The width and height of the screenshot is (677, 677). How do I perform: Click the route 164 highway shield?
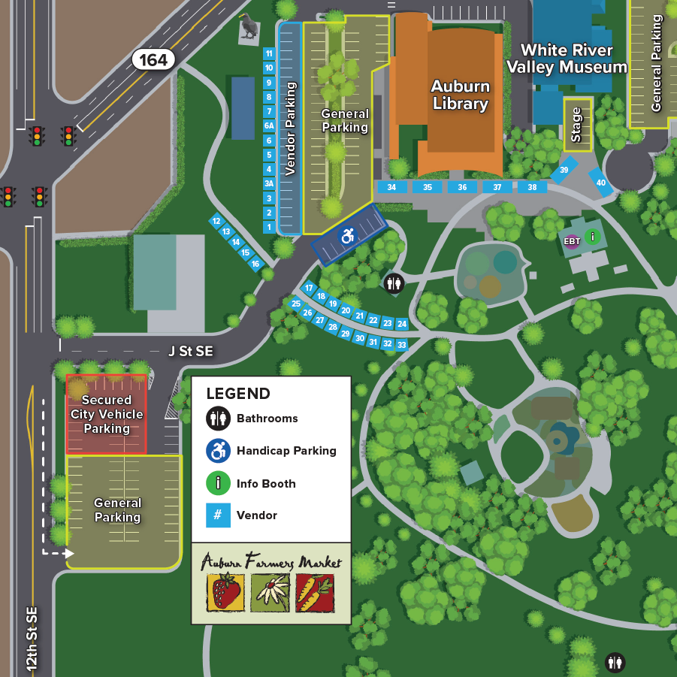(x=153, y=59)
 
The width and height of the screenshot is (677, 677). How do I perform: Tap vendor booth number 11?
(x=269, y=53)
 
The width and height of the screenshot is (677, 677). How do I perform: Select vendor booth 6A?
(x=269, y=125)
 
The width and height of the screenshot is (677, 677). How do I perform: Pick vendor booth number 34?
(x=391, y=187)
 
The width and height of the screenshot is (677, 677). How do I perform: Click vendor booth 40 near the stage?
(x=601, y=183)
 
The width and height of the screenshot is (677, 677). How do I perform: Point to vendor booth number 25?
(x=296, y=304)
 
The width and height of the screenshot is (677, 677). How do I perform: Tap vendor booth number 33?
(x=402, y=345)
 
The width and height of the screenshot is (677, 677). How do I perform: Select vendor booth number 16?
(x=255, y=264)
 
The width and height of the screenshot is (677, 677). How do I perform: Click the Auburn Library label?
(x=461, y=95)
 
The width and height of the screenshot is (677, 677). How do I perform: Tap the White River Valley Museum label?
(x=567, y=59)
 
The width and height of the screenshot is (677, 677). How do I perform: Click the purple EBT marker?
(x=572, y=241)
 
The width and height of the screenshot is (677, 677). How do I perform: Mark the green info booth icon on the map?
(x=593, y=237)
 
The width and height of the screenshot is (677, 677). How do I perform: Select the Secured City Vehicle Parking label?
(x=107, y=414)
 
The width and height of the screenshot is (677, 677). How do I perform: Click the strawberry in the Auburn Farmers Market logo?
(x=225, y=591)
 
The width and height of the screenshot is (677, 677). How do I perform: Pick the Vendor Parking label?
(x=291, y=129)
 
